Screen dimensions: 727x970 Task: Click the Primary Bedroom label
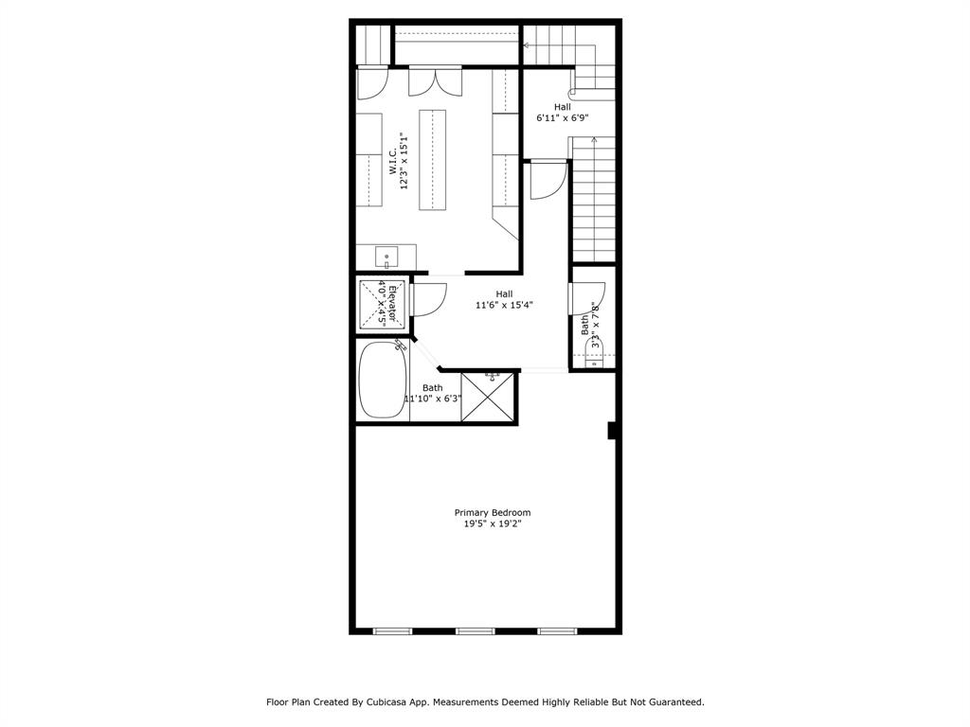(x=492, y=512)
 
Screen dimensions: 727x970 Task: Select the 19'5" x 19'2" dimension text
(x=492, y=523)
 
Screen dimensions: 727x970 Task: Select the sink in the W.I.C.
(x=386, y=257)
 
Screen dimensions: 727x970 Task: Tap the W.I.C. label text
(x=392, y=160)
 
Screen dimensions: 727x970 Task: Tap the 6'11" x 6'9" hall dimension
(x=563, y=119)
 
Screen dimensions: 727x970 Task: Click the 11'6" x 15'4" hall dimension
(x=504, y=306)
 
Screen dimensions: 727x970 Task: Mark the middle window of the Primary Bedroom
(x=476, y=630)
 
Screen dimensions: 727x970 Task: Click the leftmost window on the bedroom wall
(x=393, y=630)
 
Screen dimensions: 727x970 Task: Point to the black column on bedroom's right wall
(x=612, y=431)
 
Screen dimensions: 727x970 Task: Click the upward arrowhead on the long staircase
(x=594, y=140)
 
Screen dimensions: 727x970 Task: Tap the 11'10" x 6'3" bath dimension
(x=433, y=399)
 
